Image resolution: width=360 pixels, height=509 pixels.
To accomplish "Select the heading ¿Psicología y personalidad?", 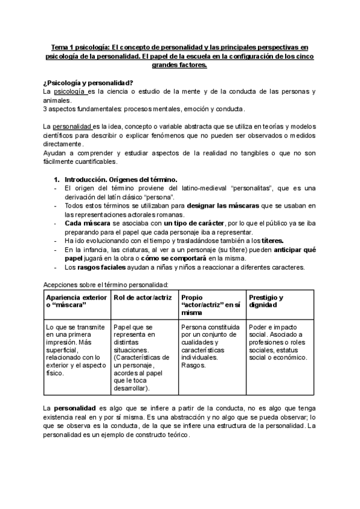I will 88,82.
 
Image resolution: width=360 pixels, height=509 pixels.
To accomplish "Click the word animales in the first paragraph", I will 57,100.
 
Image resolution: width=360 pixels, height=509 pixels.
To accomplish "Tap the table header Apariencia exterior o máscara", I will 76,301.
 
